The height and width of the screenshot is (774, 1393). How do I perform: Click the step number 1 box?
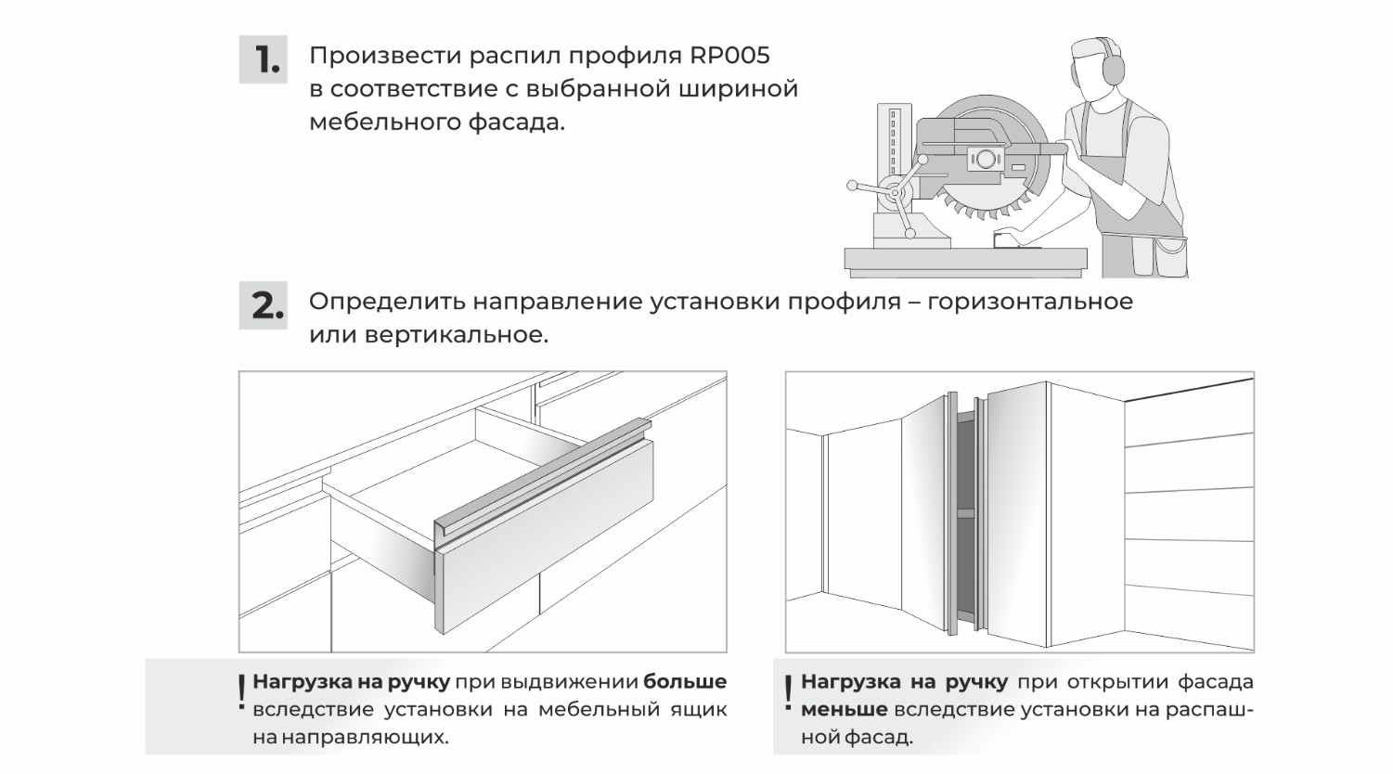[x=264, y=59]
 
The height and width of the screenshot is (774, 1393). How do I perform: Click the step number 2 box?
[x=264, y=305]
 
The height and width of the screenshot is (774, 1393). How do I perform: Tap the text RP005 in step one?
[x=729, y=56]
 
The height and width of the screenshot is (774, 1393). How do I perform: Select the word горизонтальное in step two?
[x=1030, y=303]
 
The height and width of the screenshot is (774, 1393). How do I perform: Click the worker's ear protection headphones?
[x=1111, y=68]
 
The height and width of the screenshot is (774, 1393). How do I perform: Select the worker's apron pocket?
[x=1170, y=255]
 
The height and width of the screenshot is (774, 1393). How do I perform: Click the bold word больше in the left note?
[x=685, y=682]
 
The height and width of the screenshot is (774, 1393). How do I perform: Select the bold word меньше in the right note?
[x=844, y=710]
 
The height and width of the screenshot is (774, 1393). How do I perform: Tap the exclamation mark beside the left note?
[x=241, y=692]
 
